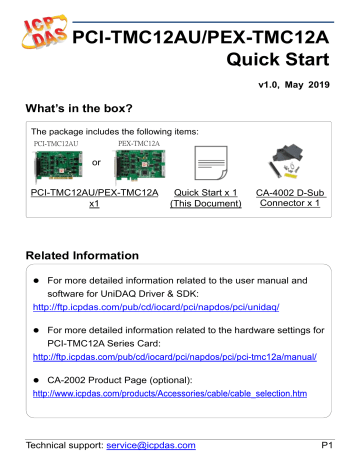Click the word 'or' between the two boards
pos(96,162)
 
